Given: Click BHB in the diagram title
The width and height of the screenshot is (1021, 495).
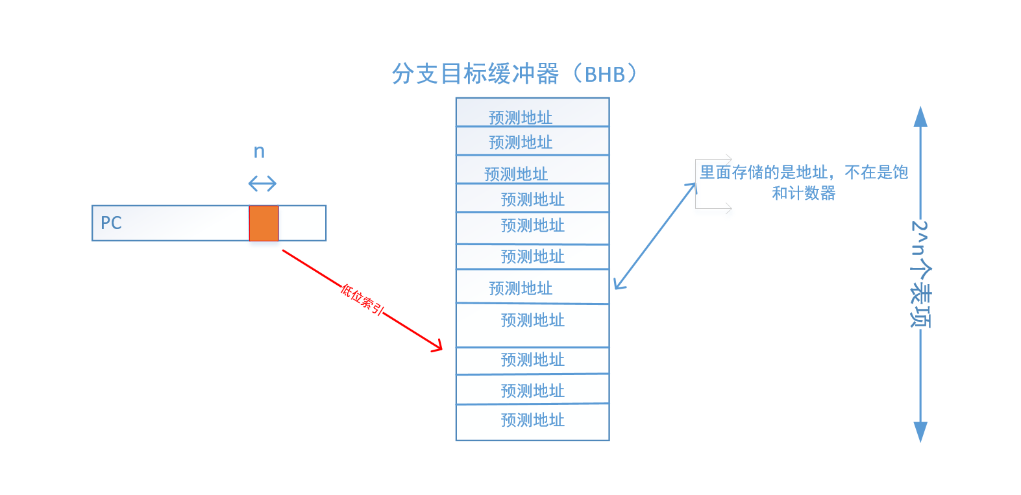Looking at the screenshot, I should point(604,75).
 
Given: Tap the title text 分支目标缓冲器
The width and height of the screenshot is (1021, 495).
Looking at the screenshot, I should point(475,74).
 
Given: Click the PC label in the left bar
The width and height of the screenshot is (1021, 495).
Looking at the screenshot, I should point(111,223).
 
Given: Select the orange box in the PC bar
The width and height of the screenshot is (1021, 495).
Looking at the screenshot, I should point(264,223).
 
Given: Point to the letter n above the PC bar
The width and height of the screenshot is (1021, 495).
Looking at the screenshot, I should point(259,152).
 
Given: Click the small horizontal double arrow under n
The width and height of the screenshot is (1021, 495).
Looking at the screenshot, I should point(262,184).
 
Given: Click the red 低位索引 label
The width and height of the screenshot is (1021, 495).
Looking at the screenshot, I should point(362,299).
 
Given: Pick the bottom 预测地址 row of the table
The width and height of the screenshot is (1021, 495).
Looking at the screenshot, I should point(532,420).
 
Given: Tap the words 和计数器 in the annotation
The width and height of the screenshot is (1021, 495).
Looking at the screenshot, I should point(804,193).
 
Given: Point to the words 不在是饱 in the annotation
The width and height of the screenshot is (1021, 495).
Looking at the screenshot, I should point(876,173).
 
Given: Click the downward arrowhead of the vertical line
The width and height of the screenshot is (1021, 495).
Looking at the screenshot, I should point(920,431).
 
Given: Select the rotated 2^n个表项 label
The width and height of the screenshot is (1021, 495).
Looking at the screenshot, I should point(920,274).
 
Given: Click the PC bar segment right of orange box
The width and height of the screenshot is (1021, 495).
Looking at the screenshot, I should point(302,223).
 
